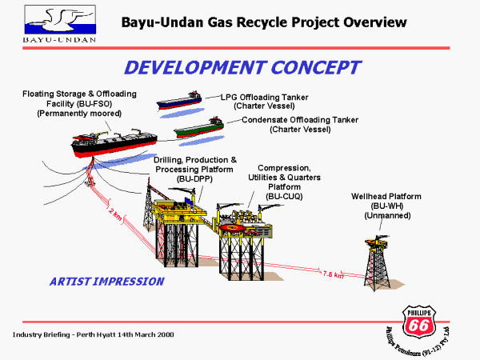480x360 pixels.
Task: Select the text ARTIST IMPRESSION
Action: [106, 282]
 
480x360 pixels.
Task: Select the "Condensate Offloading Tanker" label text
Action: [301, 119]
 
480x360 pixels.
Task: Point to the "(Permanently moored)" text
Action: [79, 114]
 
